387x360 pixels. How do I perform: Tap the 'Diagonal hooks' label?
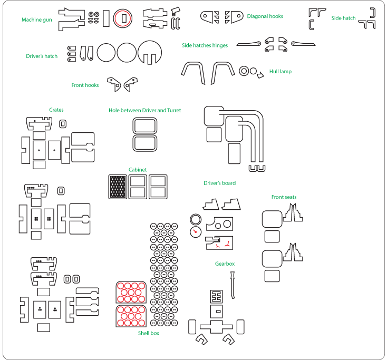click(265, 16)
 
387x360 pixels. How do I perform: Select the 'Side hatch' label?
click(343, 18)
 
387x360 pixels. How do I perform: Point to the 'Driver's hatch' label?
click(42, 56)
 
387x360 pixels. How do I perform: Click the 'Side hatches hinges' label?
click(205, 45)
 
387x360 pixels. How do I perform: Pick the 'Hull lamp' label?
click(280, 71)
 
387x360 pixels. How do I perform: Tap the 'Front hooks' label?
click(85, 85)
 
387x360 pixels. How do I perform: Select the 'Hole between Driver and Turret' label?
click(144, 110)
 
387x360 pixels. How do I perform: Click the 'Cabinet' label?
click(138, 170)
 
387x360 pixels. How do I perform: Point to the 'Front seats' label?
click(284, 197)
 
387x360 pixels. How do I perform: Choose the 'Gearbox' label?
click(225, 264)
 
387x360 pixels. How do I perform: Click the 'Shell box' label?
click(149, 333)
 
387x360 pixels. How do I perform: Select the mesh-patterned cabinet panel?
click(118, 187)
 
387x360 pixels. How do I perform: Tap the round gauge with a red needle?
click(196, 231)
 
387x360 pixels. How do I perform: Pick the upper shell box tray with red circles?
click(131, 291)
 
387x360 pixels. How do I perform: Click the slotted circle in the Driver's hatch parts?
click(149, 52)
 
